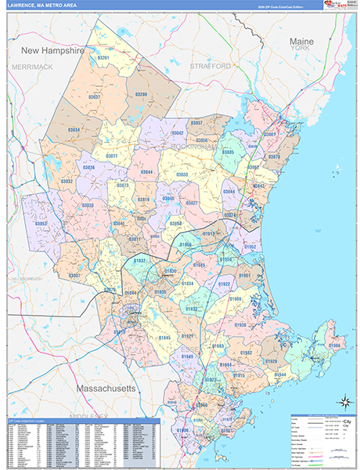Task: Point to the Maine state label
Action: coord(301,40)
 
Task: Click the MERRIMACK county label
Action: coord(32,67)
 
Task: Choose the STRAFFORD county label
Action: coord(211,67)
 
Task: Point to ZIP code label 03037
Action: coord(95,96)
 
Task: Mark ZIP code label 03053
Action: coord(41,224)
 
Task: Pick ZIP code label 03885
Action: coord(228,151)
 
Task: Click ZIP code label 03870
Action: coord(274,157)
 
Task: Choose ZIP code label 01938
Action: coord(239,324)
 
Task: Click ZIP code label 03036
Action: coord(88,167)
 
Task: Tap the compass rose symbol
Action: coord(343,403)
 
